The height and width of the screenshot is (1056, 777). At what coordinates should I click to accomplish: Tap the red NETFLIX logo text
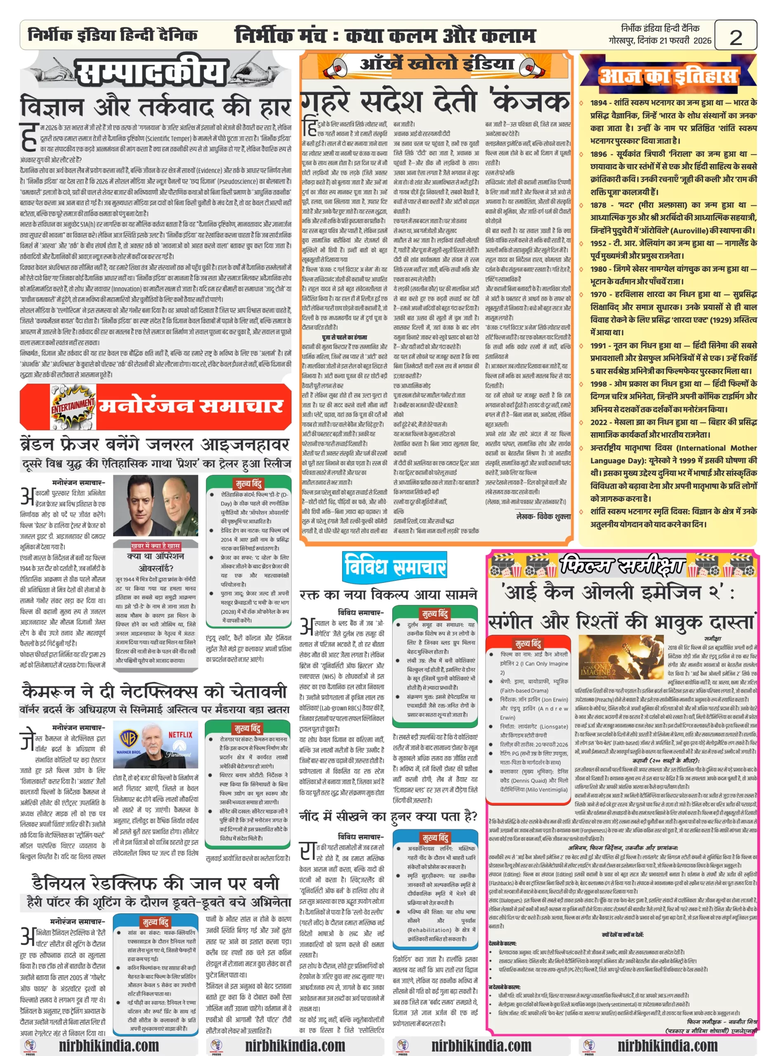(x=181, y=734)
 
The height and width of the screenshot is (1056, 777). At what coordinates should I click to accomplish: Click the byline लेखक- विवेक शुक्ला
(x=543, y=516)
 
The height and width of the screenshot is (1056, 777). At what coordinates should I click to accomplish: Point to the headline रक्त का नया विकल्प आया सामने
(x=388, y=594)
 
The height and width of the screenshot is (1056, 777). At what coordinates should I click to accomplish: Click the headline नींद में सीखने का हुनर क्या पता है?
(x=388, y=816)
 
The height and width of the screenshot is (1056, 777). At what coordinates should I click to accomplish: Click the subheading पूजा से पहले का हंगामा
(x=344, y=337)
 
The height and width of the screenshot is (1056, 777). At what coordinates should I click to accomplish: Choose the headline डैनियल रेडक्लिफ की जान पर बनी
(x=155, y=883)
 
